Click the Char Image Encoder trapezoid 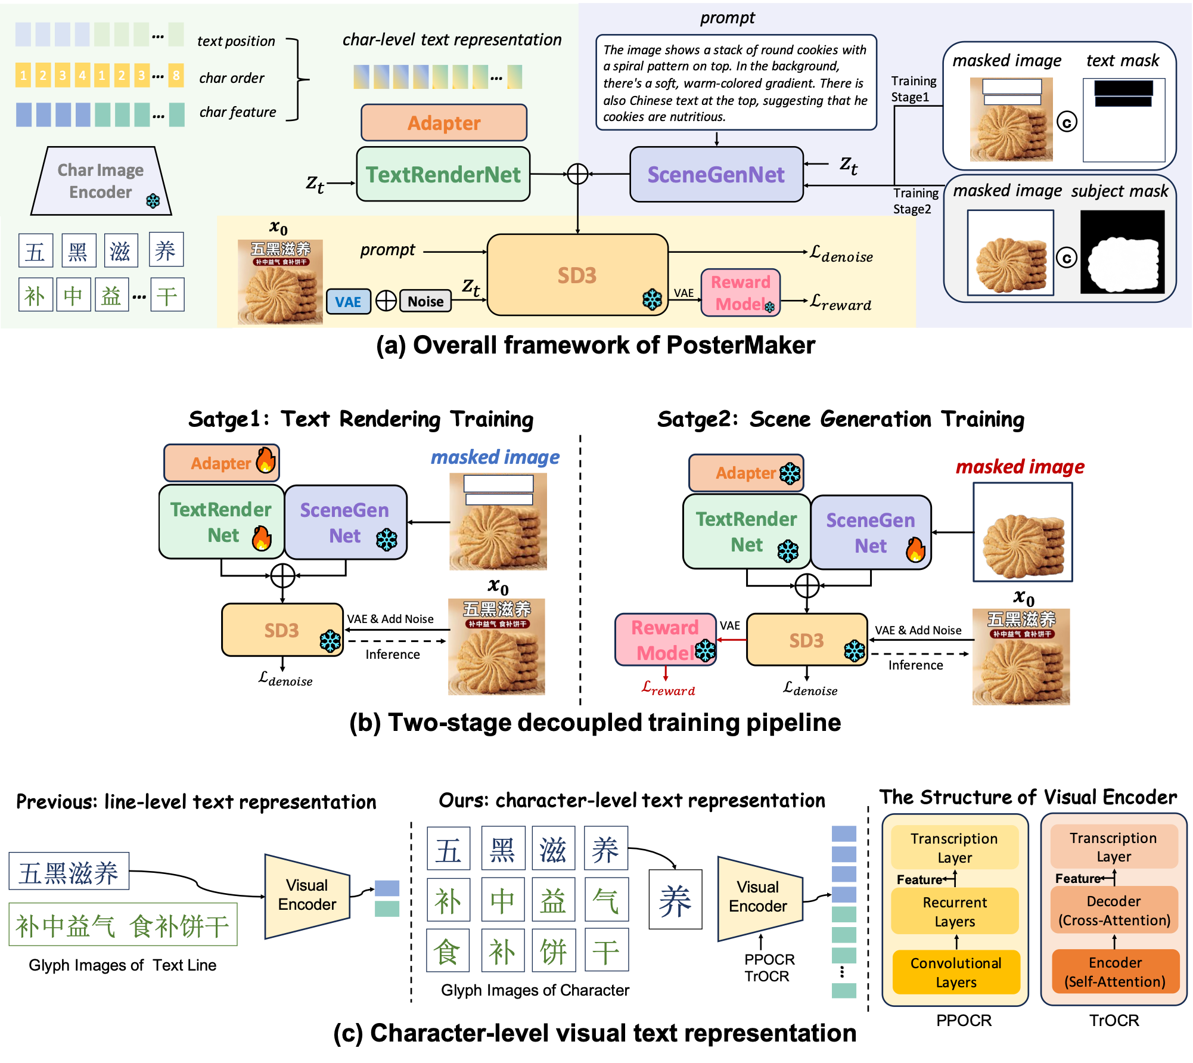pos(101,181)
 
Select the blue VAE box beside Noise pos(348,302)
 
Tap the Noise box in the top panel pos(425,302)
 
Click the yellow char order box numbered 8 pos(176,76)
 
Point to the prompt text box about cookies pos(735,82)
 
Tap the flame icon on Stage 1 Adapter pos(266,460)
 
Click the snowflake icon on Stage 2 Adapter pos(790,473)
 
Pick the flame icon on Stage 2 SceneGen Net pos(915,549)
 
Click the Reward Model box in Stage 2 pos(665,640)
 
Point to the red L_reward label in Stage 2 pos(668,689)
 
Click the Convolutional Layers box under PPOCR pos(956,972)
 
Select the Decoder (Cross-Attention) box pos(1114,910)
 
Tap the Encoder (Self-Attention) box pos(1115,972)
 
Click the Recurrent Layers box pos(955,911)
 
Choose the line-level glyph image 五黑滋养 pos(69,872)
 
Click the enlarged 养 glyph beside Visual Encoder pos(675,900)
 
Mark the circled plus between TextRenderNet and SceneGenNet pos(577,174)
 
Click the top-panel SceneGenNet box pos(716,174)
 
